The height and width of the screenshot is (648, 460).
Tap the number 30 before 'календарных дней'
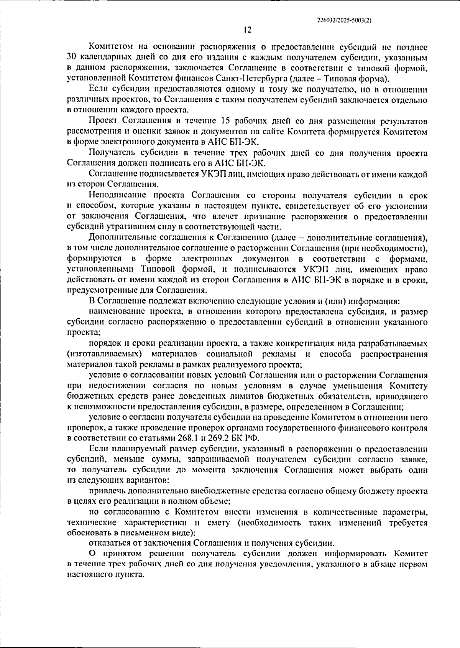(72, 58)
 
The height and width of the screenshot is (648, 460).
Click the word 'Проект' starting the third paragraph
(103, 121)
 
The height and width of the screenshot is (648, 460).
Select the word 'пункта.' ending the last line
(130, 575)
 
